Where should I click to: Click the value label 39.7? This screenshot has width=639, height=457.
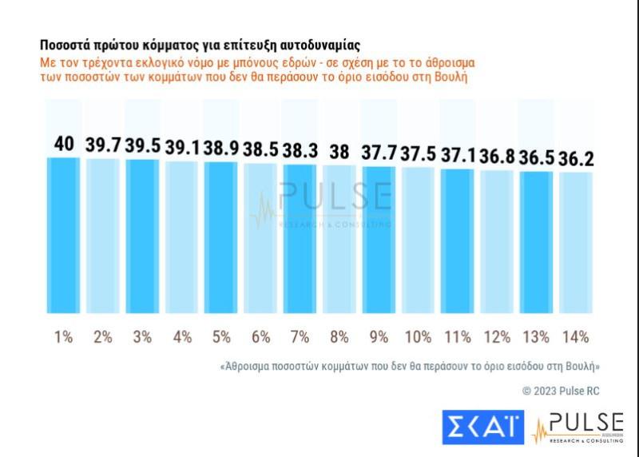tap(103, 145)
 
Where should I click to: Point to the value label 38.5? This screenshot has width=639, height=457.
tap(260, 148)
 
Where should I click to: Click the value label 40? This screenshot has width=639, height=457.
tap(64, 144)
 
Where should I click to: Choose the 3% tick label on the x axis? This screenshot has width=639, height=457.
tap(142, 337)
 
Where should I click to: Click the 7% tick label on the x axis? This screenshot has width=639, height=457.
tap(300, 337)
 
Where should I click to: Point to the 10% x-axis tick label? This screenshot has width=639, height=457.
tap(418, 337)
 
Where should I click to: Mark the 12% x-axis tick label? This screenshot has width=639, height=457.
tap(497, 337)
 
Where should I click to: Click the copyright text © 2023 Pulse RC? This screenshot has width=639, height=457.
tap(560, 391)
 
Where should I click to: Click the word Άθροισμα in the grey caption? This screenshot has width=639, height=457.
tap(248, 366)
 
